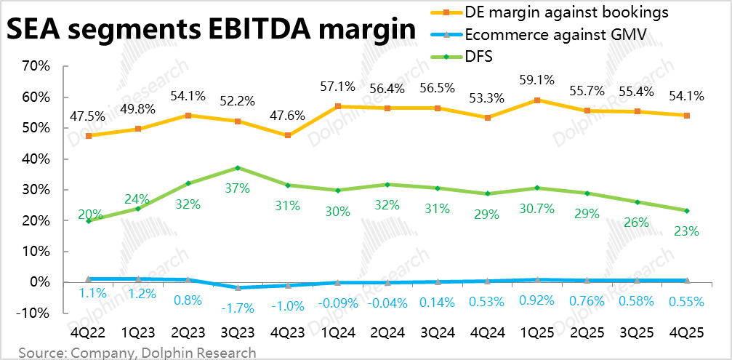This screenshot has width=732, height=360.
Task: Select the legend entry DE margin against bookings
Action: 566,12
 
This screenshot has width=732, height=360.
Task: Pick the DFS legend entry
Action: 478,56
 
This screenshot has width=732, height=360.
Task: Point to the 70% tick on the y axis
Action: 35,66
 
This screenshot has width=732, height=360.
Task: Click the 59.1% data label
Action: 538,81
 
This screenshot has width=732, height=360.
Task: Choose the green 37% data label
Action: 238,188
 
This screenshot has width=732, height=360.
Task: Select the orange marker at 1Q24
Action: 337,106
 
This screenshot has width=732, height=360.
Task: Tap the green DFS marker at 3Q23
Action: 238,168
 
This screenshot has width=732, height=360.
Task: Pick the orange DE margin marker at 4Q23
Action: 288,135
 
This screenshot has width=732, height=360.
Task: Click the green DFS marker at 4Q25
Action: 686,211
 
